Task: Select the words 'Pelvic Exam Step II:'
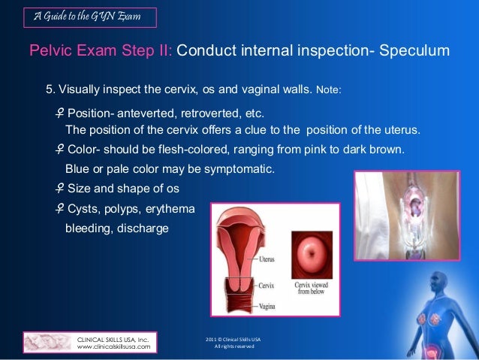click(101, 51)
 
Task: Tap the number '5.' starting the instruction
click(50, 90)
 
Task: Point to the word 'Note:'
click(329, 91)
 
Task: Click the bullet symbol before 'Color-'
click(59, 149)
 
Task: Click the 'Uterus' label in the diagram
click(267, 259)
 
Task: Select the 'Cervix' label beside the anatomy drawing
click(266, 286)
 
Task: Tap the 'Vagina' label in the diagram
click(267, 307)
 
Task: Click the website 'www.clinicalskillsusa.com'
click(113, 347)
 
